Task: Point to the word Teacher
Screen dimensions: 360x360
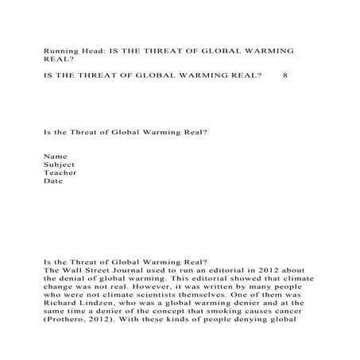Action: [60, 172]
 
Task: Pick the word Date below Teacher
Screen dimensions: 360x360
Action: [52, 181]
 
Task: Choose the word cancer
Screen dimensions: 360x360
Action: [288, 314]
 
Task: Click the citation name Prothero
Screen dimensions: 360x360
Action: [68, 323]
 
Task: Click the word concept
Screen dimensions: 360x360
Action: [161, 314]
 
